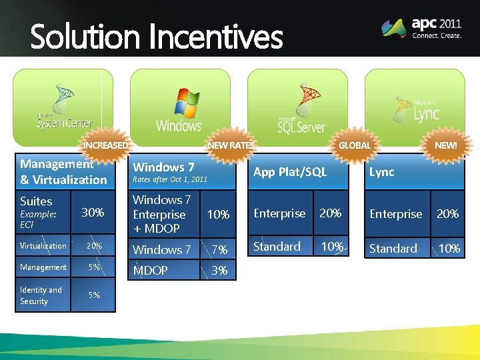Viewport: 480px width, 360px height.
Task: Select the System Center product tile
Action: (63, 107)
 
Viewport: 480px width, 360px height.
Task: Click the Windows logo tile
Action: (180, 107)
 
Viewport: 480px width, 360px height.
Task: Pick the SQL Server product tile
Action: (298, 107)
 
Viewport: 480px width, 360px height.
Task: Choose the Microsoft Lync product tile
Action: (415, 107)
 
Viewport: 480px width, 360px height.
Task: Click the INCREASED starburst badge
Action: (105, 145)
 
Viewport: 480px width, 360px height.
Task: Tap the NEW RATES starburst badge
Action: (231, 145)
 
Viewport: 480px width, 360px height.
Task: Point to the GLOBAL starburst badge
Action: (354, 145)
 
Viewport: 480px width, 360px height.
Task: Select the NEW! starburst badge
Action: (446, 145)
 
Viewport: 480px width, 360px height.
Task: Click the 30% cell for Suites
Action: (93, 213)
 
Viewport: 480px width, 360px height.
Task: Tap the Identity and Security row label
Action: (41, 295)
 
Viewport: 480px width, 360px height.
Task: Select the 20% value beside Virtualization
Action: (93, 246)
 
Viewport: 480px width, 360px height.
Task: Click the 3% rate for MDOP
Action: (219, 271)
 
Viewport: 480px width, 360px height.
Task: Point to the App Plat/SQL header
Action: (290, 172)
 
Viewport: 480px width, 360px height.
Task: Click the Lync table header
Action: (382, 172)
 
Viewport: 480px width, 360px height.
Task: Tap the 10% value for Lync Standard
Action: (449, 249)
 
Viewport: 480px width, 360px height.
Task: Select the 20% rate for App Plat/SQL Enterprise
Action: (331, 213)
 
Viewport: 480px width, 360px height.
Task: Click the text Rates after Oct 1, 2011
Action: (170, 179)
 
